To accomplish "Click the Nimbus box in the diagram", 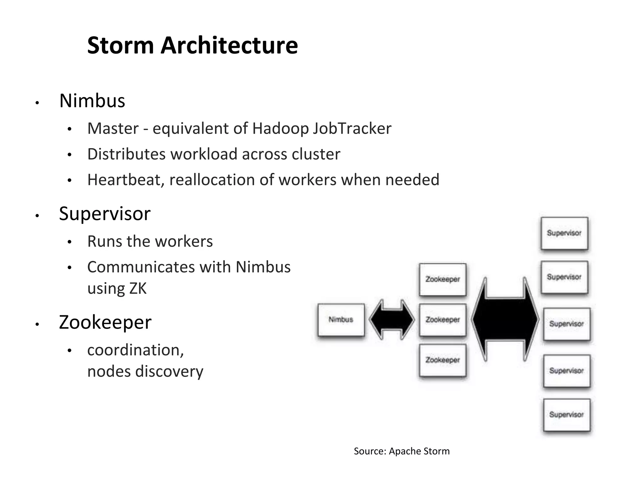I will tap(341, 320).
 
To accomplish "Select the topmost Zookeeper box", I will tap(442, 279).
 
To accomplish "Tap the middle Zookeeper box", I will tap(442, 320).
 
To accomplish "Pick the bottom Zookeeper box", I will tap(442, 360).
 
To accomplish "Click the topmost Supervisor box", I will tap(564, 233).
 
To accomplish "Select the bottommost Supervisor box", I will tap(567, 415).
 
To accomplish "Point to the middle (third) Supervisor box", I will tap(567, 324).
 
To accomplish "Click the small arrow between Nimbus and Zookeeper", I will tap(392, 320).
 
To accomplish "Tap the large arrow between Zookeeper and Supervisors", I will tap(505, 319).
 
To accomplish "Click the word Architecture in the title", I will tap(229, 46).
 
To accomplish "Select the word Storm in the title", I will tap(121, 46).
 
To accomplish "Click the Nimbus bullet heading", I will tap(92, 101).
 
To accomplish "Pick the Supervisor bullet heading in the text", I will tap(105, 214).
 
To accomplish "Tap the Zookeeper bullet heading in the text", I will tap(105, 322).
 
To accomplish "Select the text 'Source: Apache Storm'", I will tap(402, 451).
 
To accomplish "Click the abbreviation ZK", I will tap(137, 288).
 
